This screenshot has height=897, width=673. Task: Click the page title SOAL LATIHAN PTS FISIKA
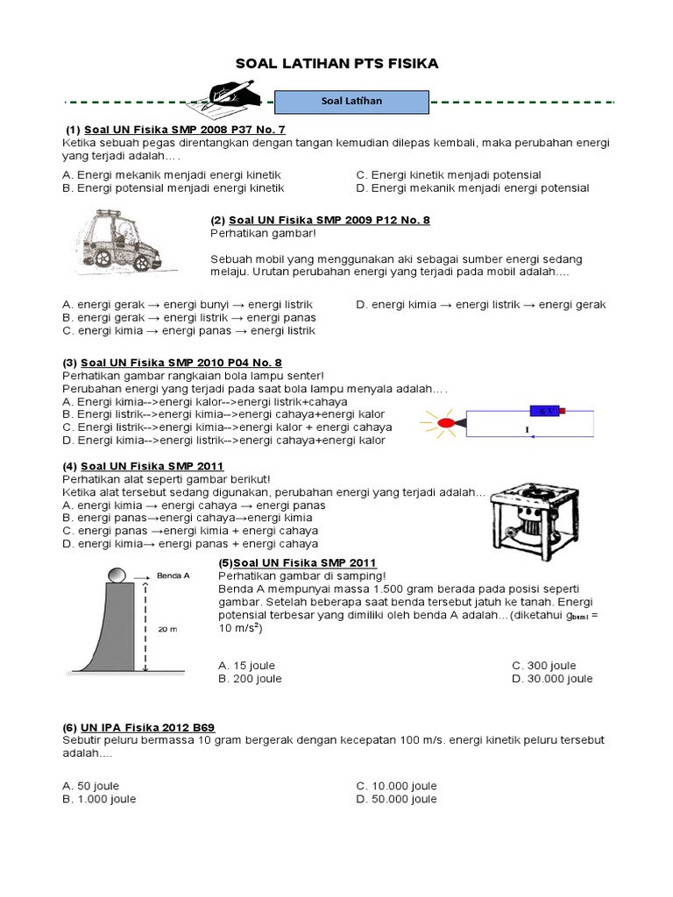(x=337, y=64)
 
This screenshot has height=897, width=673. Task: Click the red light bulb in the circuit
(x=446, y=423)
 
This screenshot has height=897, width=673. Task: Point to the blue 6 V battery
(x=544, y=410)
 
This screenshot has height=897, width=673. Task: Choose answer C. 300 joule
(x=544, y=666)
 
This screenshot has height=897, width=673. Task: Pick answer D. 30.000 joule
(x=552, y=679)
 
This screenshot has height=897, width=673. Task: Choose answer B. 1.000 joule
(x=100, y=799)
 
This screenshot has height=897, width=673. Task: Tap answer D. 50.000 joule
(x=396, y=799)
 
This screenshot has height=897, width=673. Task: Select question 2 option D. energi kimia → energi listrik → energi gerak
(x=481, y=305)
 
